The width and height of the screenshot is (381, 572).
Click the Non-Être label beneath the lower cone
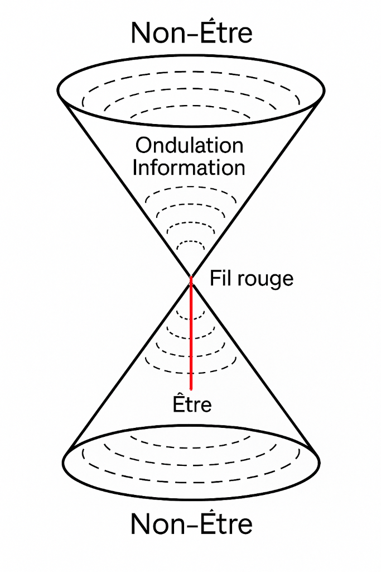tap(191, 524)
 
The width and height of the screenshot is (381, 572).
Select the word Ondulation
tap(189, 146)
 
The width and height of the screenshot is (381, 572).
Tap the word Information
tap(189, 168)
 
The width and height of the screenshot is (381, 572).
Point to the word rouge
tap(264, 279)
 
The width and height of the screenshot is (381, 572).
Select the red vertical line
tap(191, 335)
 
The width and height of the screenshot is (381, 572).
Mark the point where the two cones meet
tap(191, 276)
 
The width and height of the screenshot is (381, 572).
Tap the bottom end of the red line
tap(191, 388)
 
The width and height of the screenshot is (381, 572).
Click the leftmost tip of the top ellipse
tap(57, 90)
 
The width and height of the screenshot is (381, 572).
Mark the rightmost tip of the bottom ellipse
tap(320, 463)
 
